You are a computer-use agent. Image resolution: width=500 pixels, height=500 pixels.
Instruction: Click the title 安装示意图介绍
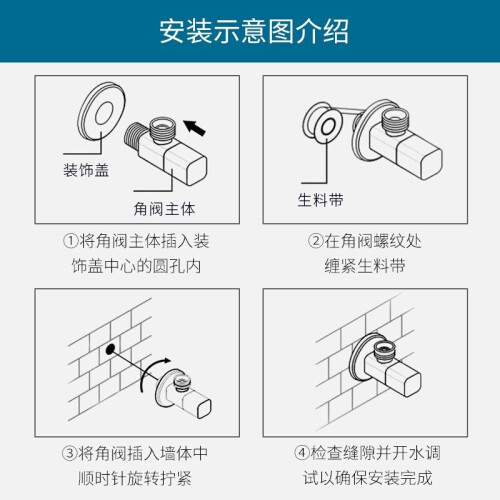coord(254,31)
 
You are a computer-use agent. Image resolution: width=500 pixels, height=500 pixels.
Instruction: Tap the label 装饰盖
coord(86,170)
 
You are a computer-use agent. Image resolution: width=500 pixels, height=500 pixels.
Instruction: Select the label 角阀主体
coord(164,209)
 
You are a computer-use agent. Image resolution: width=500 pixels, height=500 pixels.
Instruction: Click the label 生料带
coord(320,200)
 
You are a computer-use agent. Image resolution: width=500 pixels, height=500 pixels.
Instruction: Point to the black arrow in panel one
coord(194,128)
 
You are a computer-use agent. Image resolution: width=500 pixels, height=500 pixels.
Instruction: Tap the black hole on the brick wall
coord(110,349)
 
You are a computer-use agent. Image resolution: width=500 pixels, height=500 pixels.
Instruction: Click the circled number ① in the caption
coord(71,241)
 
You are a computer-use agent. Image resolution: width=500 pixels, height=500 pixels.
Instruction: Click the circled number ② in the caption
coord(316,241)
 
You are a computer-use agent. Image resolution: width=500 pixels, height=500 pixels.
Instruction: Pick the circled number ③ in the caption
coord(69,453)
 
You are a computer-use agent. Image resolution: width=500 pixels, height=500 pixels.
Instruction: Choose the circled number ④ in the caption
coord(302,453)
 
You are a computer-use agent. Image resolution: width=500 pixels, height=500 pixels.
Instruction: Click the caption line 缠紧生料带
coord(365,266)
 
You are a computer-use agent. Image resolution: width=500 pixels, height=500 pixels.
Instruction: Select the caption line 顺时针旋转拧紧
coord(135,479)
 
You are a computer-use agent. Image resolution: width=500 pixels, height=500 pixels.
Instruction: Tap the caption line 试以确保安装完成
coord(368,478)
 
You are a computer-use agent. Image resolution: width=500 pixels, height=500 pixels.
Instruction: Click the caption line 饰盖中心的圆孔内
coord(136,266)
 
